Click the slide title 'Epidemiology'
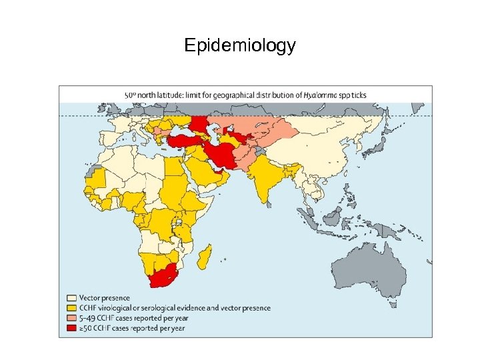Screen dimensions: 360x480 pos(239,45)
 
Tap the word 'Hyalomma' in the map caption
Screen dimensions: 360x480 pos(319,95)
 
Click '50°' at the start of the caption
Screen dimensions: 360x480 pos(131,95)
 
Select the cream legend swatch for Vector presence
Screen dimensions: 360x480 pos(71,298)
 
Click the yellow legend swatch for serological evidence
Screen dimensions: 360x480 pos(71,308)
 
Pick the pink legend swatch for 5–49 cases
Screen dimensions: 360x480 pos(71,318)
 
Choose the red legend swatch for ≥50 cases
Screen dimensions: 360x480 pos(71,328)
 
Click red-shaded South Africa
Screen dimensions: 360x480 pos(163,277)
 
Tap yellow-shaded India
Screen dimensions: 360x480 pos(267,180)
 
